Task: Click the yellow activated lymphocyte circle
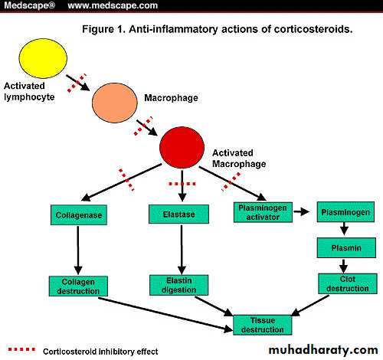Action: [43, 58]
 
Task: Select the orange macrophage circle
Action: [115, 103]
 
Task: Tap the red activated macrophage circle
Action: [182, 147]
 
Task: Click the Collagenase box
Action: [79, 214]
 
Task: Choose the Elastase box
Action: [178, 214]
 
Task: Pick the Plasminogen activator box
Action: [263, 212]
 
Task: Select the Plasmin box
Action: [346, 247]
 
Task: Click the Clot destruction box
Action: [348, 283]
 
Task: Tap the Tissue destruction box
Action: [263, 325]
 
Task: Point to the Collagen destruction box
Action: [78, 286]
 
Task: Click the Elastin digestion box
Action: [178, 285]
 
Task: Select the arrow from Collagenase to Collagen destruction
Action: [78, 250]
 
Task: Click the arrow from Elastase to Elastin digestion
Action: [182, 250]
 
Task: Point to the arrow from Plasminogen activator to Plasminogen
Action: [301, 211]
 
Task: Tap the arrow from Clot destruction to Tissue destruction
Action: [310, 306]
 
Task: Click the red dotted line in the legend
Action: [21, 349]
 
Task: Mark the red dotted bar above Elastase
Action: [182, 184]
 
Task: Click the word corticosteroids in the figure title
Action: [313, 29]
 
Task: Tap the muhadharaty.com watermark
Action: [323, 350]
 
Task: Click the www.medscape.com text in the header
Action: [113, 5]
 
